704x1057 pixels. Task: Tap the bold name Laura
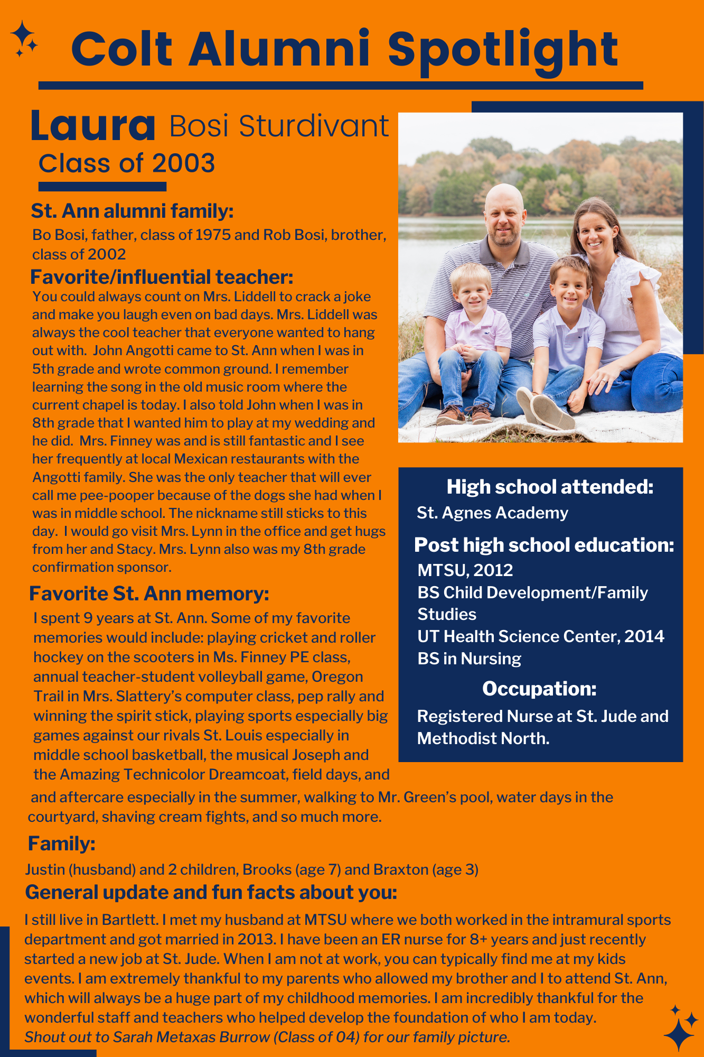pyautogui.click(x=93, y=126)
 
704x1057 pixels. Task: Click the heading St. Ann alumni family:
pyautogui.click(x=132, y=211)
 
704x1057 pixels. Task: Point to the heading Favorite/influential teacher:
pyautogui.click(x=162, y=277)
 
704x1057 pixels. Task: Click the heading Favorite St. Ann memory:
pyautogui.click(x=149, y=594)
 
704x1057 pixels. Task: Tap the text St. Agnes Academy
pyautogui.click(x=492, y=513)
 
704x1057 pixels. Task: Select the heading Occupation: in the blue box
pyautogui.click(x=539, y=689)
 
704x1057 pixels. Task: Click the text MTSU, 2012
pyautogui.click(x=465, y=570)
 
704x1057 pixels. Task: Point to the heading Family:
pyautogui.click(x=61, y=843)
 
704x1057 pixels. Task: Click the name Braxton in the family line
pyautogui.click(x=401, y=869)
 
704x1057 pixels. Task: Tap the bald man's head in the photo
pyautogui.click(x=504, y=211)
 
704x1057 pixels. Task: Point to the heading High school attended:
pyautogui.click(x=550, y=487)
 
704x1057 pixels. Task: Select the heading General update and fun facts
pyautogui.click(x=211, y=892)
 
